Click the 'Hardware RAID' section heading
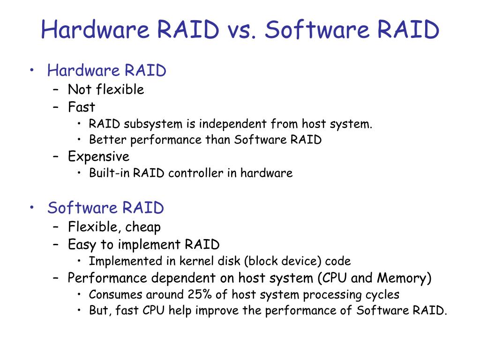[106, 71]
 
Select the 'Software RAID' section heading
[105, 208]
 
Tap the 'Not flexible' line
[106, 90]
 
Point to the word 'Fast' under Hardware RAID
[82, 107]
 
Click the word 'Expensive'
[98, 156]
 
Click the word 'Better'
[107, 140]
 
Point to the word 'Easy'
[82, 245]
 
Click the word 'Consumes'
[115, 295]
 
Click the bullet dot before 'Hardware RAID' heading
[32, 71]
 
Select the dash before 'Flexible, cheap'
[56, 227]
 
